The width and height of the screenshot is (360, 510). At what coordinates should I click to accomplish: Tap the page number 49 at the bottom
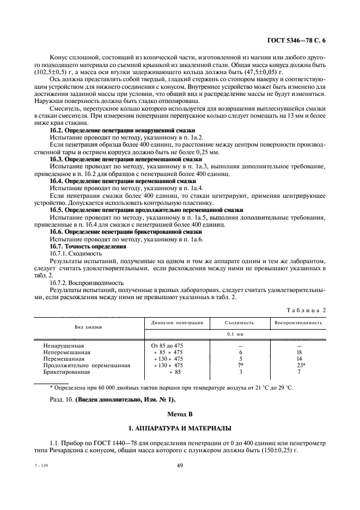179,465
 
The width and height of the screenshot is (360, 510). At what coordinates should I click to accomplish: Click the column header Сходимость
240,323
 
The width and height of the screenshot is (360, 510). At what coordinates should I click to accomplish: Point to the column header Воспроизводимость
299,323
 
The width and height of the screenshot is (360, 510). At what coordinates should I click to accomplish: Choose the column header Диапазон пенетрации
177,323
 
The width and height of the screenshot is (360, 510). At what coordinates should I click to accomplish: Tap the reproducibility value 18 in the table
299,352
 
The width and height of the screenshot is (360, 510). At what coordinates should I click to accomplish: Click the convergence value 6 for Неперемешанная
240,352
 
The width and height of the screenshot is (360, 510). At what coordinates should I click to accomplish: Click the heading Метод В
179,415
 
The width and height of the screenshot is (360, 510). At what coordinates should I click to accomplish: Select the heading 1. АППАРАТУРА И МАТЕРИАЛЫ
179,429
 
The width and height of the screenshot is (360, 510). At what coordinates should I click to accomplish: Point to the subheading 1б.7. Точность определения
80,246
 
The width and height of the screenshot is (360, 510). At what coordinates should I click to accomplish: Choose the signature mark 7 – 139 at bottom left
40,465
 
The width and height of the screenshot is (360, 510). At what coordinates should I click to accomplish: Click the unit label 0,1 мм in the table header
240,334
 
